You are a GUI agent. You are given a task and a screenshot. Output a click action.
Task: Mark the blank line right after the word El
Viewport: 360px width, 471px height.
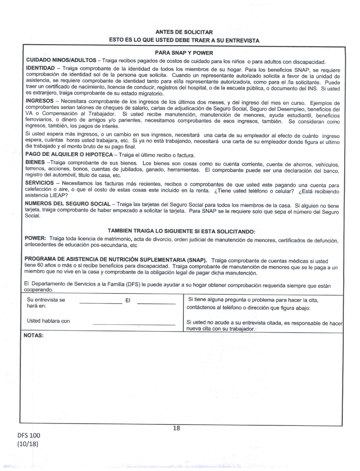point(156,303)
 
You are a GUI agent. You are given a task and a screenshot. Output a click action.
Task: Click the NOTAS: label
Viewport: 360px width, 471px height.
point(34,336)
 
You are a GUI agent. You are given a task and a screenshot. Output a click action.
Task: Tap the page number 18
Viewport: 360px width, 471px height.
point(176,429)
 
